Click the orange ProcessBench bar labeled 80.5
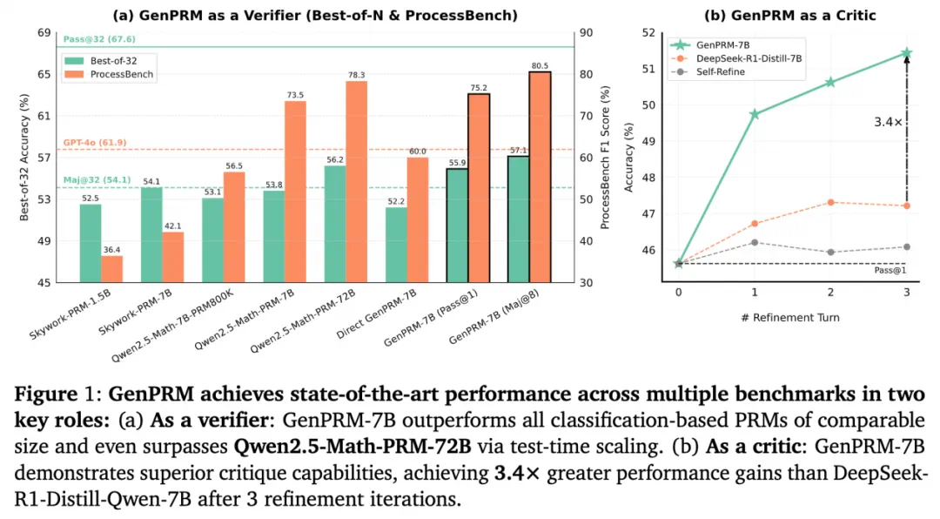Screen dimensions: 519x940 coord(540,178)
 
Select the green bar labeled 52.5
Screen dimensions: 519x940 coord(91,242)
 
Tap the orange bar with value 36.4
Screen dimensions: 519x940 coord(112,268)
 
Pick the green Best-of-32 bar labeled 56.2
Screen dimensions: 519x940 coord(335,224)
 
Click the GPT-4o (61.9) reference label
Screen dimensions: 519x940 coord(95,142)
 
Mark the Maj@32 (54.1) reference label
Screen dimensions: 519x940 coord(97,180)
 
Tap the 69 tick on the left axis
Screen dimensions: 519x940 coord(42,32)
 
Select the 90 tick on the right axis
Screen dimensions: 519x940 coord(587,32)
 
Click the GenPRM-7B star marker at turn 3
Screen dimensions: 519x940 coord(906,53)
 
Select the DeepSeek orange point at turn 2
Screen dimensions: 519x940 coord(830,202)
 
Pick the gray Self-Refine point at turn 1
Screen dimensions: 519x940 coord(755,242)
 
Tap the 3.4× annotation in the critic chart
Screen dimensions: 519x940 coord(888,123)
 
